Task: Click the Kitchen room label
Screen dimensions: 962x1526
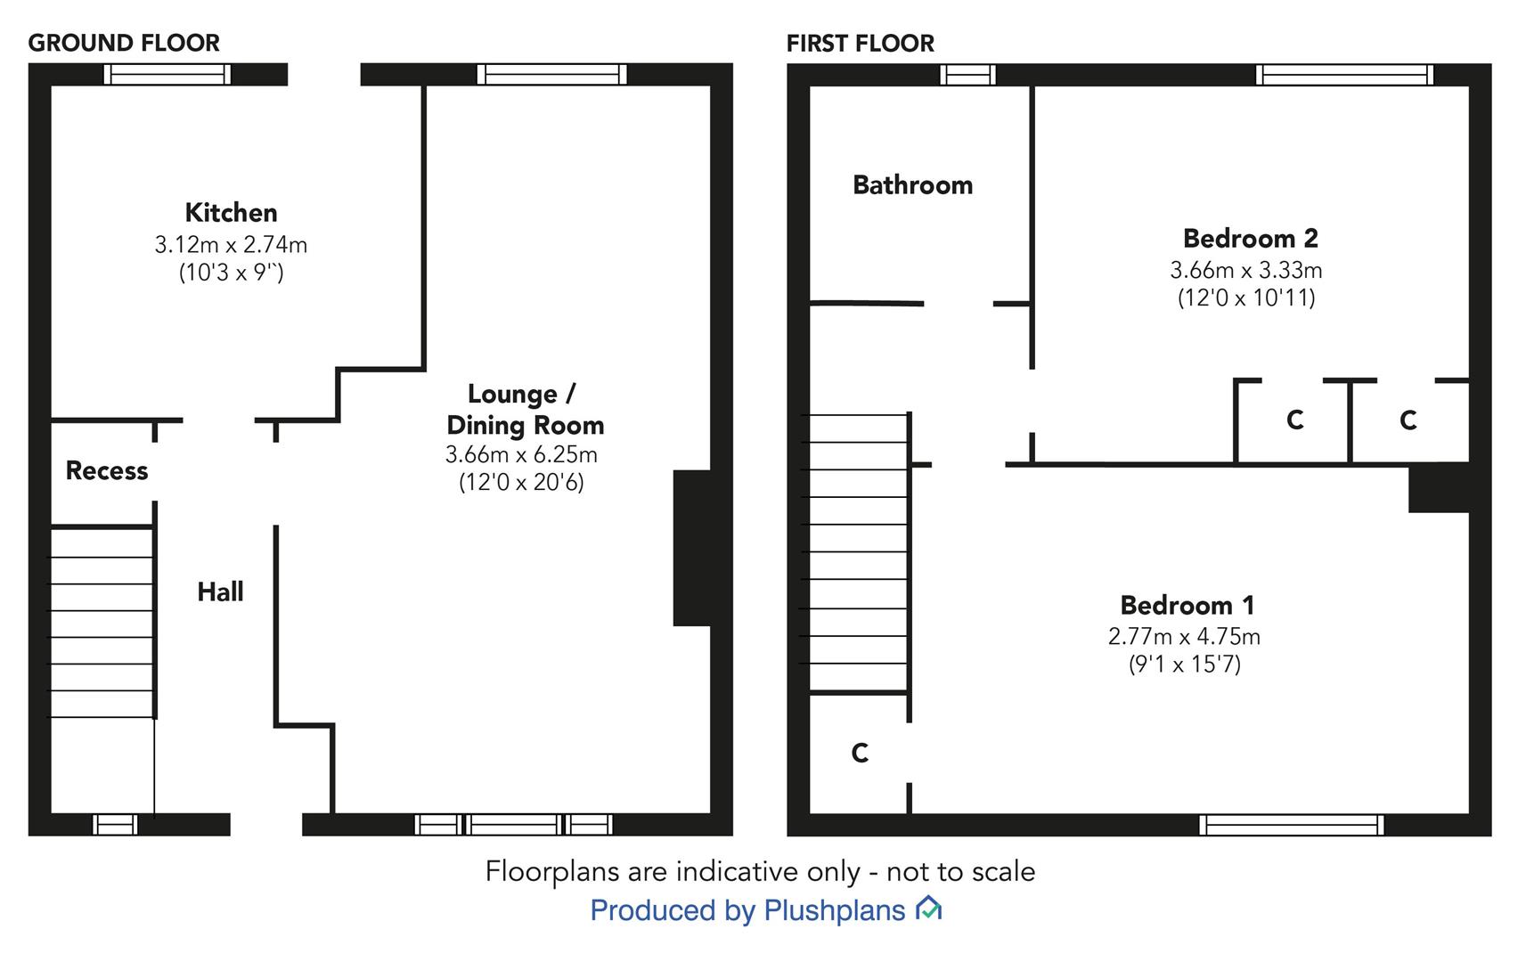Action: tap(231, 213)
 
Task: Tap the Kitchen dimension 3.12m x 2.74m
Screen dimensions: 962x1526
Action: tap(231, 244)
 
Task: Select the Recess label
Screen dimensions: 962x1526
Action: tap(107, 470)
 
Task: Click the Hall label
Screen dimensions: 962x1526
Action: tap(220, 591)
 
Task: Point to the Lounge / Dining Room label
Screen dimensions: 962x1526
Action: tap(525, 410)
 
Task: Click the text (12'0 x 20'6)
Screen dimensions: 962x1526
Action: tap(521, 483)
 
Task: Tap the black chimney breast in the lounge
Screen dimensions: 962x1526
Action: tap(691, 548)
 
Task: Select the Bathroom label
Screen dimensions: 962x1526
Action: tap(912, 185)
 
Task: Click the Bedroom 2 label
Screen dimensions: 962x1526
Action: tap(1250, 239)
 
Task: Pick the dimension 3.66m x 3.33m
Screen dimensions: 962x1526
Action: tap(1245, 270)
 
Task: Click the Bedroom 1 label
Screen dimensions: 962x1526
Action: tap(1187, 606)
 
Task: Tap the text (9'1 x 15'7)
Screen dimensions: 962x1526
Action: tap(1184, 664)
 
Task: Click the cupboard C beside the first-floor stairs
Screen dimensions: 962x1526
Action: tap(860, 754)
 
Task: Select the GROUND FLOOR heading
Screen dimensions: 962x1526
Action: tap(124, 43)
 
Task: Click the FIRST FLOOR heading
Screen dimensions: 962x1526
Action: tap(860, 43)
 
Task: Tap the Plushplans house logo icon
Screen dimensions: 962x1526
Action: tap(929, 909)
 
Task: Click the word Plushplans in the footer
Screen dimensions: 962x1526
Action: tap(834, 910)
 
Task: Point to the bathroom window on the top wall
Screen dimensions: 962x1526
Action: tap(967, 75)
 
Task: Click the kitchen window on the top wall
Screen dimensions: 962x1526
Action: tap(167, 75)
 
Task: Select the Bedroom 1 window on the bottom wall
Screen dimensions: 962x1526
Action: tap(1291, 825)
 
